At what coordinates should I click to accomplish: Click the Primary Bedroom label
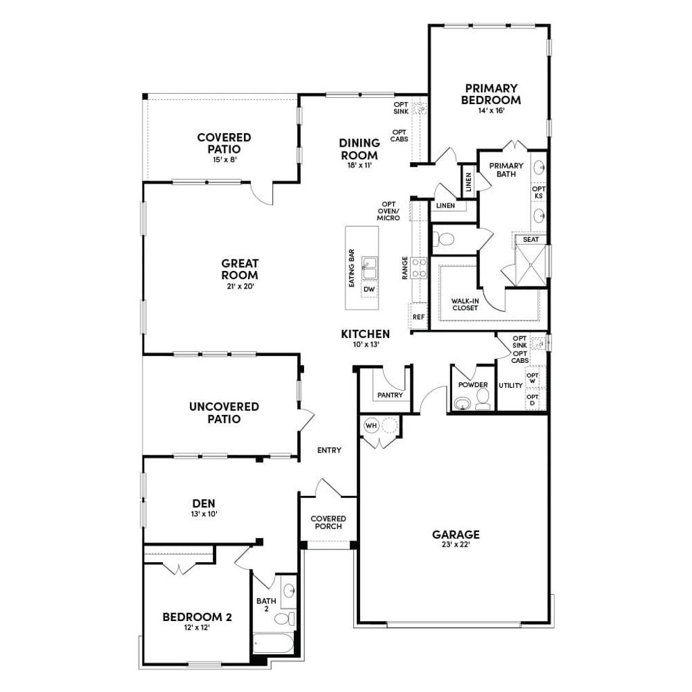[x=491, y=94]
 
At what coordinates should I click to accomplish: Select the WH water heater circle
[x=371, y=426]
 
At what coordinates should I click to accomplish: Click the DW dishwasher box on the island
[x=369, y=290]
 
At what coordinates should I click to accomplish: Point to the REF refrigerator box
[x=418, y=316]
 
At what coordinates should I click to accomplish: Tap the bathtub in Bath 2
[x=274, y=644]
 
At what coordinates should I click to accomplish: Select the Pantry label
[x=390, y=395]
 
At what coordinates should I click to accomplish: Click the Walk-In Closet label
[x=464, y=303]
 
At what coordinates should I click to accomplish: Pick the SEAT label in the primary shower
[x=530, y=239]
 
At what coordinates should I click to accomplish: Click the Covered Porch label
[x=328, y=522]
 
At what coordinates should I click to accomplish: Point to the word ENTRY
[x=329, y=450]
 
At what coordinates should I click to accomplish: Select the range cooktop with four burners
[x=420, y=268]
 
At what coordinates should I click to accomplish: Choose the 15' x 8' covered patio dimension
[x=224, y=160]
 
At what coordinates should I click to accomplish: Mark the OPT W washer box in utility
[x=533, y=378]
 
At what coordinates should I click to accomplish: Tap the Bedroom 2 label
[x=197, y=617]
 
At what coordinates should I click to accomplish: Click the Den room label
[x=203, y=503]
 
